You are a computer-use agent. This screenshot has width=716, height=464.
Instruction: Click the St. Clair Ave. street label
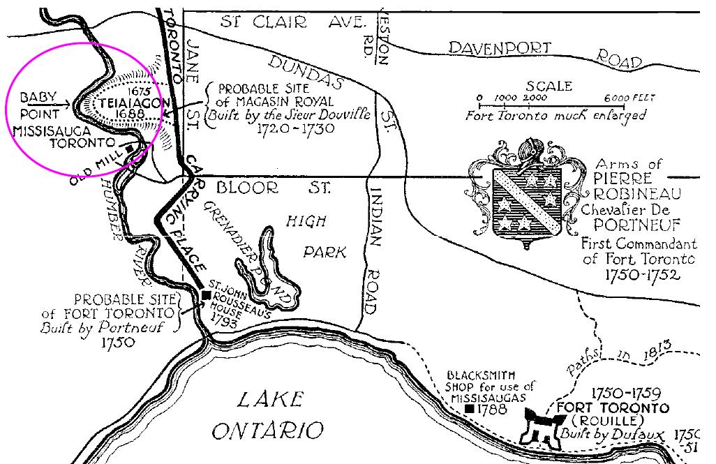[293, 22]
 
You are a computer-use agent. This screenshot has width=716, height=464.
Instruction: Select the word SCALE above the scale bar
[549, 87]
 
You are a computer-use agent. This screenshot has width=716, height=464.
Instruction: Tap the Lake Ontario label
[269, 414]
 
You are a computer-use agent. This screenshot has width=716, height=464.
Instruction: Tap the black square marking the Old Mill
[130, 148]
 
